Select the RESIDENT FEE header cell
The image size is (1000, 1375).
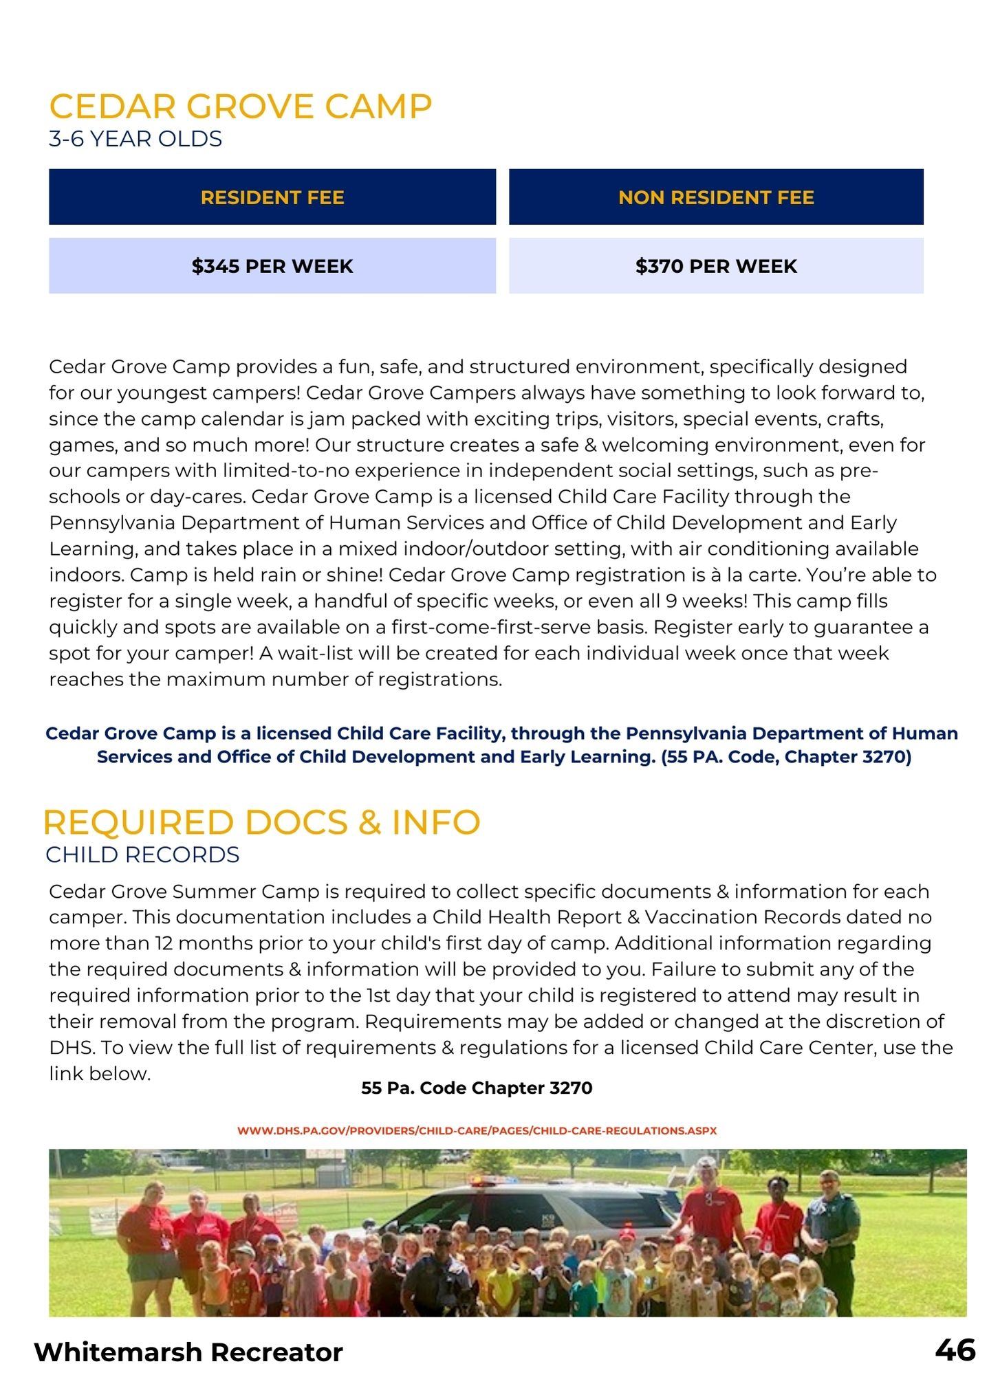[x=272, y=197]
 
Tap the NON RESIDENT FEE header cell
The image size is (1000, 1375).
[x=716, y=197]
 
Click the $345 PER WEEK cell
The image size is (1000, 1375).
[x=272, y=266]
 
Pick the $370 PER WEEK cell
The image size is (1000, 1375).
[x=716, y=266]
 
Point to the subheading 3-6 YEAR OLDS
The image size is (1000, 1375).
[x=135, y=139]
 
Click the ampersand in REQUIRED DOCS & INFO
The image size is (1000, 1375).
[x=369, y=823]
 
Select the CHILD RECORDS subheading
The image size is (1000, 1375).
[x=142, y=855]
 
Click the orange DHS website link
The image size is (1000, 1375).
[x=477, y=1130]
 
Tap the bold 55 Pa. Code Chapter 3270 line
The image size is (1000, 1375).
[x=477, y=1088]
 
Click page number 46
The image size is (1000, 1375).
[x=955, y=1350]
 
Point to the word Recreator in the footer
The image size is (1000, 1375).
[x=277, y=1352]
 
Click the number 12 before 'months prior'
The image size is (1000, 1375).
[x=164, y=943]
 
